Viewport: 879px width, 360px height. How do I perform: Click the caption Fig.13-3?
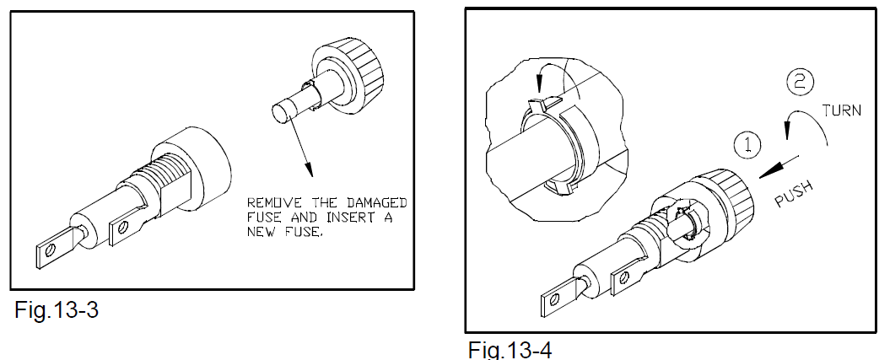[x=56, y=309]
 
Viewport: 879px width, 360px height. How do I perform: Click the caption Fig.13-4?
[x=510, y=349]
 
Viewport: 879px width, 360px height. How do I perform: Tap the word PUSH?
[x=794, y=194]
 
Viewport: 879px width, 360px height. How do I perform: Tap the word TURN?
[x=841, y=110]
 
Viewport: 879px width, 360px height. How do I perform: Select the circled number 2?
[x=800, y=83]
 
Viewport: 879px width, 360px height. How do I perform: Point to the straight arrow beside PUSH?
[x=779, y=166]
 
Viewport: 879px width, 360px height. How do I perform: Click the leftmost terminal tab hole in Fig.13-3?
[x=50, y=250]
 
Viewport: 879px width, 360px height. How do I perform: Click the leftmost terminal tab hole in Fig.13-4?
[x=554, y=300]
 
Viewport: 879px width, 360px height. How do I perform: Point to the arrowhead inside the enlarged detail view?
[x=540, y=84]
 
